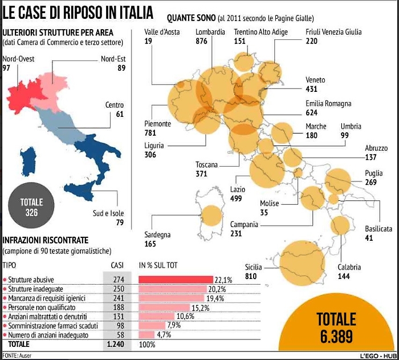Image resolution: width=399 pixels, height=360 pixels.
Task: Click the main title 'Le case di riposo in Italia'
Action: (78, 12)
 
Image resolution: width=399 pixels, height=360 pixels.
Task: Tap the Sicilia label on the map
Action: (254, 267)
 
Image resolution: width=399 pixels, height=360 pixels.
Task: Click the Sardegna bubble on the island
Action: (211, 215)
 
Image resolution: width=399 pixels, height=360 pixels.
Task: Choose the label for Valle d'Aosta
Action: (162, 32)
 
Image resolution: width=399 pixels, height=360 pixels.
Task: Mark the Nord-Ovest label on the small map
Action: (18, 59)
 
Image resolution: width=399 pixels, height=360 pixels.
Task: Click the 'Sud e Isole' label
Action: (108, 213)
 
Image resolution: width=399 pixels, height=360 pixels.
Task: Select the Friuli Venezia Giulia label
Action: (333, 32)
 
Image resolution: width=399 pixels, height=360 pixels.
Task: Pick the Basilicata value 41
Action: (369, 238)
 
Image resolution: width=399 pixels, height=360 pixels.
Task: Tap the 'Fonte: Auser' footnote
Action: (17, 355)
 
